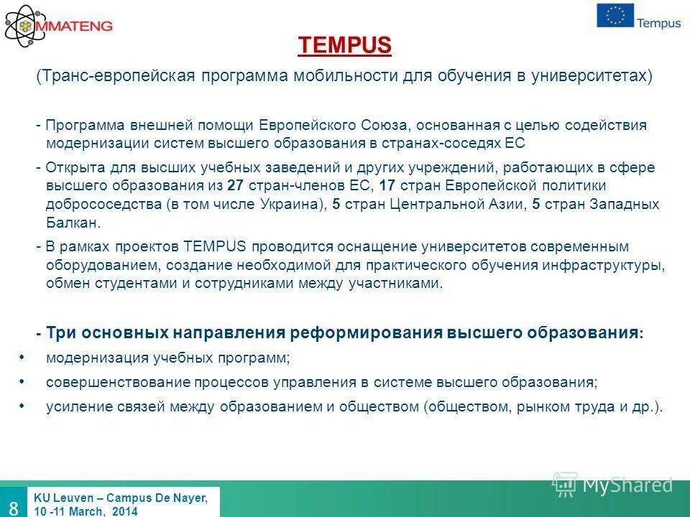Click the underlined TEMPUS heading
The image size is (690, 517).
[345, 46]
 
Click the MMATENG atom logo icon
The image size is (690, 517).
[21, 25]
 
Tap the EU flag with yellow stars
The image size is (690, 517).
[615, 16]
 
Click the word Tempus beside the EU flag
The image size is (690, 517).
[658, 23]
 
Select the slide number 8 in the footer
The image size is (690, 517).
[13, 507]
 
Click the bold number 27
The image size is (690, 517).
[235, 186]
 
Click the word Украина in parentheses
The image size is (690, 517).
[290, 204]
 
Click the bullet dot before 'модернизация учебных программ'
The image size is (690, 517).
[20, 356]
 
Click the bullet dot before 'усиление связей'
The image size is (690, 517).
[20, 406]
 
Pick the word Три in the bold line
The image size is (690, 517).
[60, 333]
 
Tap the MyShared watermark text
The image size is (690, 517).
[627, 485]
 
